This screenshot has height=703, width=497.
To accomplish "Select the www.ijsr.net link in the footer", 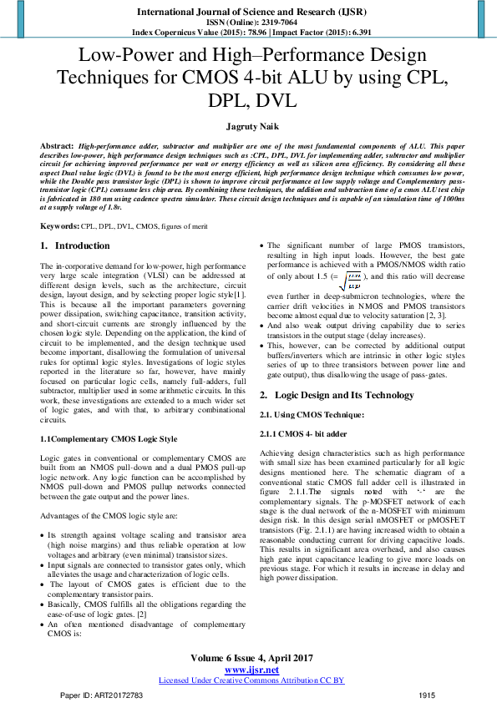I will point(251,670).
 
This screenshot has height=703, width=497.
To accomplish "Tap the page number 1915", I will point(427,695).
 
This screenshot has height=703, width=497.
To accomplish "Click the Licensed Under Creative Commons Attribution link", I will point(251,680).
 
